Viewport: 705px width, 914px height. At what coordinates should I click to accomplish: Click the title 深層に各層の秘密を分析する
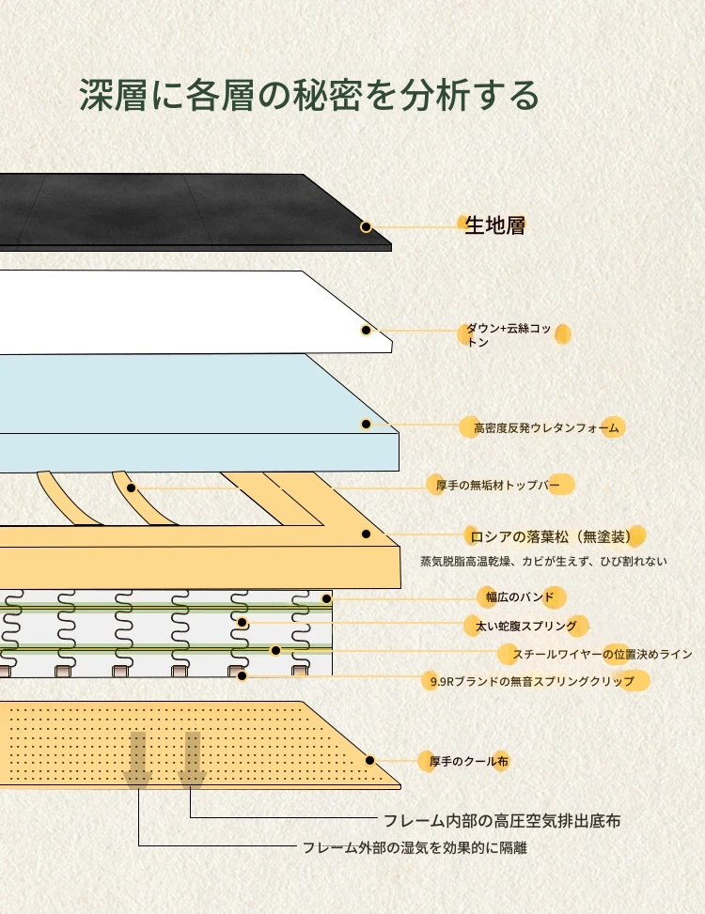(309, 96)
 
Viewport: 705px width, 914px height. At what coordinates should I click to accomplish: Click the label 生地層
(494, 225)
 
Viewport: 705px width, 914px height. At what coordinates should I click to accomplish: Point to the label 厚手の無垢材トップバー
(498, 486)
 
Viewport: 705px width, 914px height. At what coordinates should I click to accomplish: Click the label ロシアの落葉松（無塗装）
(556, 536)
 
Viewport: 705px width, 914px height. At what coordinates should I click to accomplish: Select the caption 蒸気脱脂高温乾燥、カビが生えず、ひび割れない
(543, 562)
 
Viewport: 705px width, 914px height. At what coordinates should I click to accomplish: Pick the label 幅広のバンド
(512, 596)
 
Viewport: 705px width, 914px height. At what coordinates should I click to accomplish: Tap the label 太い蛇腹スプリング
(521, 625)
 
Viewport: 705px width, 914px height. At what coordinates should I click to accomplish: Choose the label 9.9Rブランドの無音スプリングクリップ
(530, 680)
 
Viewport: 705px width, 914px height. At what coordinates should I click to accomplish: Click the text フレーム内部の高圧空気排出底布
(501, 821)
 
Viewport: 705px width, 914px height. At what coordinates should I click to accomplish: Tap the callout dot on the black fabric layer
(366, 226)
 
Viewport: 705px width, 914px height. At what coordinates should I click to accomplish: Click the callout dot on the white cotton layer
(366, 330)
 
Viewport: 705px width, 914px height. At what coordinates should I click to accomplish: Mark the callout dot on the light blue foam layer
(366, 424)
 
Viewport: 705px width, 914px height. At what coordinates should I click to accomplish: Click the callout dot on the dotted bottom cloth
(370, 760)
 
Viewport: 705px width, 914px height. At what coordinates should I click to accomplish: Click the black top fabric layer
(169, 211)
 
